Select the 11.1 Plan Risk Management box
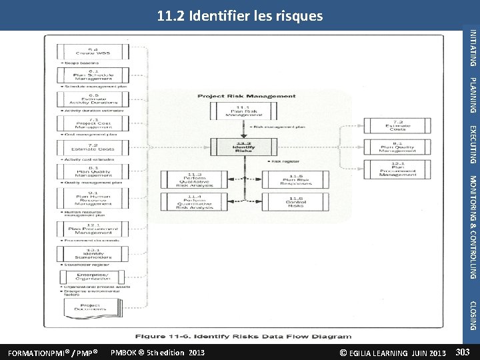[243, 111]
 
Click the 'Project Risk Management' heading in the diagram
[246, 96]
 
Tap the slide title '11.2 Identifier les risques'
[240, 15]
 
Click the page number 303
[463, 352]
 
